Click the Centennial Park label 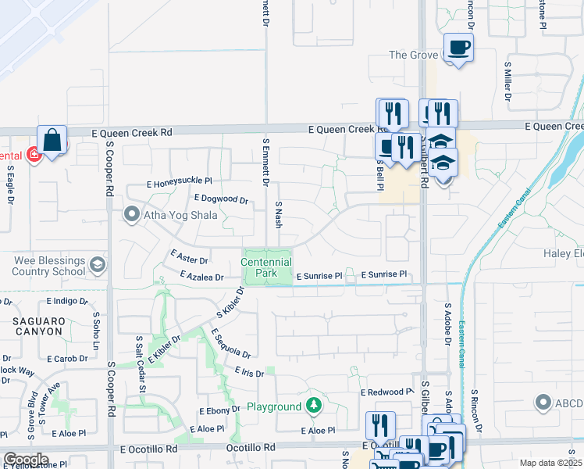point(266,268)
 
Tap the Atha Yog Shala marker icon point(131,213)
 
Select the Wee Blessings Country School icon point(98,264)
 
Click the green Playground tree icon point(313,405)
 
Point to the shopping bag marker point(52,141)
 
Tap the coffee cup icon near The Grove point(458,48)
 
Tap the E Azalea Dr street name point(201,276)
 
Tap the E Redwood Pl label point(386,392)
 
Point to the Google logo point(26,459)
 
